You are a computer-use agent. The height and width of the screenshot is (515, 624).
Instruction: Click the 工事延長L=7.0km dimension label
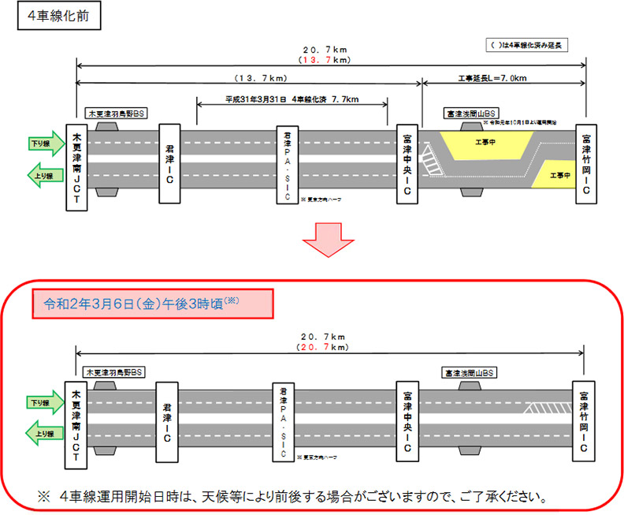click(x=504, y=79)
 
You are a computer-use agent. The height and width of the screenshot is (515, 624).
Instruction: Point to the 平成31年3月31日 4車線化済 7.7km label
click(x=292, y=100)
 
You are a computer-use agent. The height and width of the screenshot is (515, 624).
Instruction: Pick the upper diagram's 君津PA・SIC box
click(x=288, y=163)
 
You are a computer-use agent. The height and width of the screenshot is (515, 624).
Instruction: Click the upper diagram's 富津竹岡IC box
click(x=586, y=163)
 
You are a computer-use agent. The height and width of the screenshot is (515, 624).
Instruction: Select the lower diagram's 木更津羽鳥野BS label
click(x=115, y=371)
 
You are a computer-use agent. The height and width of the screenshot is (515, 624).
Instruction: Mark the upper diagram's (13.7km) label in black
click(x=259, y=79)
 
